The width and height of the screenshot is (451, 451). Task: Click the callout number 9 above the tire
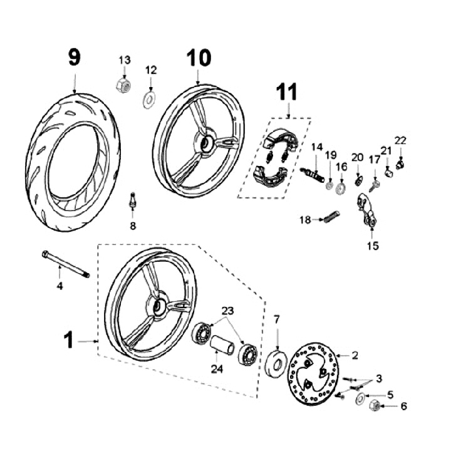point(75,57)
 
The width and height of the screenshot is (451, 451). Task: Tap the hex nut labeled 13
point(123,85)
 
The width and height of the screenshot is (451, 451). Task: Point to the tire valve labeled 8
point(132,200)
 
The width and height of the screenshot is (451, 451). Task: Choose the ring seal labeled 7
point(276,363)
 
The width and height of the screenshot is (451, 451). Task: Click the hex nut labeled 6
point(375,405)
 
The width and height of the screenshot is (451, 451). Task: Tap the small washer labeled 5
point(360,399)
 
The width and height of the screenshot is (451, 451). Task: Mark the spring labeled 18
point(332,217)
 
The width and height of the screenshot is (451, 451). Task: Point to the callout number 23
point(227,311)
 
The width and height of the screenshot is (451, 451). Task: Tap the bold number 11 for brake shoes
point(286,91)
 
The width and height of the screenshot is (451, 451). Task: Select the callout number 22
point(400,141)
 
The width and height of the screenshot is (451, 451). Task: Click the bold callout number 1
point(69,340)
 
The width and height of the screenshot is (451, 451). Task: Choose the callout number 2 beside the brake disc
point(355,355)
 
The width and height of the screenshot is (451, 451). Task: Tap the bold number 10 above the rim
point(199,58)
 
